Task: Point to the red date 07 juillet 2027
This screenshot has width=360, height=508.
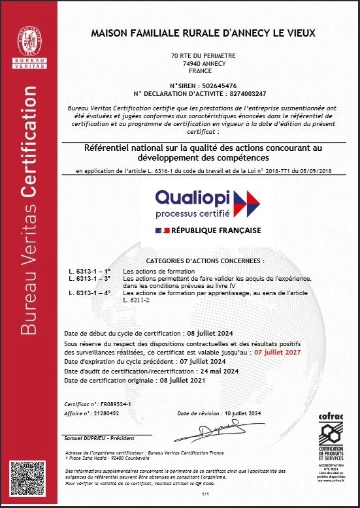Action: pyautogui.click(x=278, y=352)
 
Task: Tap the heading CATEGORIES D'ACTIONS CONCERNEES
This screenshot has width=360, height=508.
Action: pyautogui.click(x=202, y=260)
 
